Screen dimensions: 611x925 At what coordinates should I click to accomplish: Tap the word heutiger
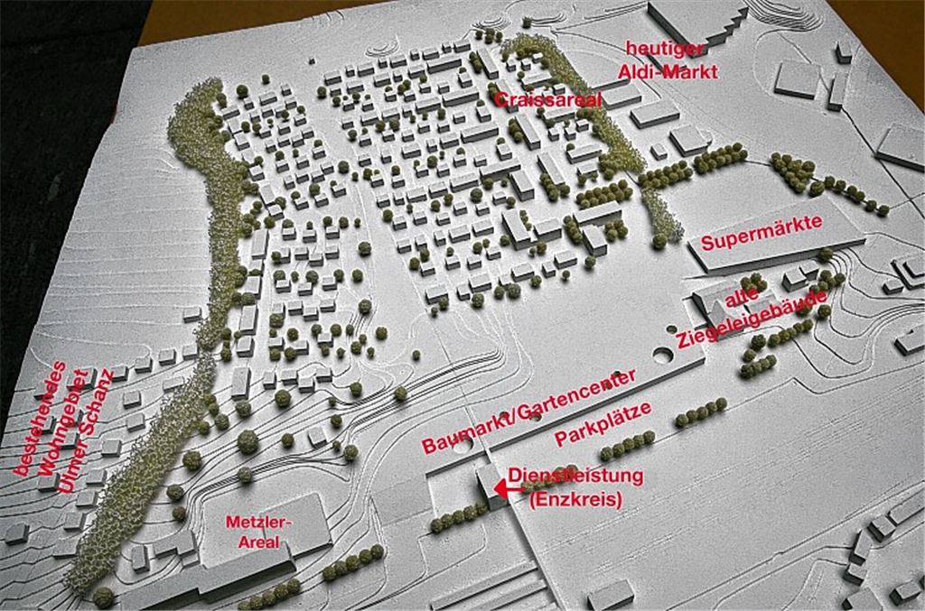(x=667, y=49)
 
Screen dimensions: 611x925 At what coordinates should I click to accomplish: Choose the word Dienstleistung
(x=575, y=476)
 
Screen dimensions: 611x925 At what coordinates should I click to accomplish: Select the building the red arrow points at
(x=486, y=487)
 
